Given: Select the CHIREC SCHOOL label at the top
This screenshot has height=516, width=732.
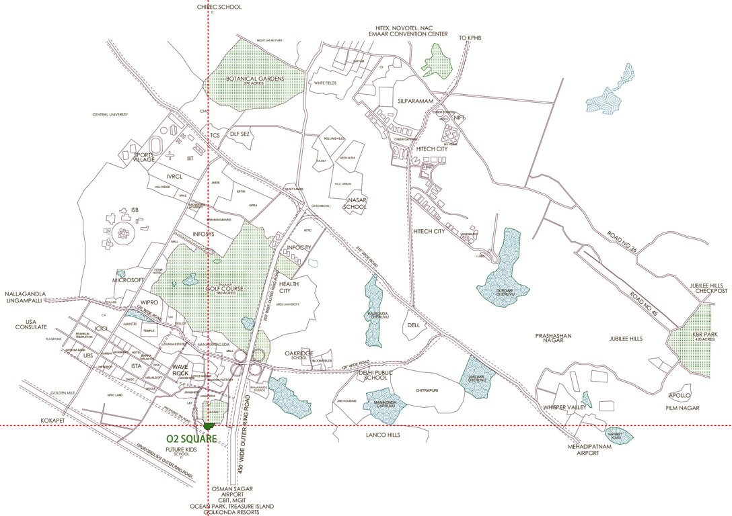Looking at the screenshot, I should [209, 6].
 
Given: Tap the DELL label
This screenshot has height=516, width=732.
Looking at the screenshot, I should [413, 325].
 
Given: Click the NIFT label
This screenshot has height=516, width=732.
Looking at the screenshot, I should [460, 118].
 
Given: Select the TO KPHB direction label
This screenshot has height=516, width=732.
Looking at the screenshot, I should [472, 38].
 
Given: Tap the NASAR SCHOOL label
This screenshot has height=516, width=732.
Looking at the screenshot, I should [355, 204].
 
